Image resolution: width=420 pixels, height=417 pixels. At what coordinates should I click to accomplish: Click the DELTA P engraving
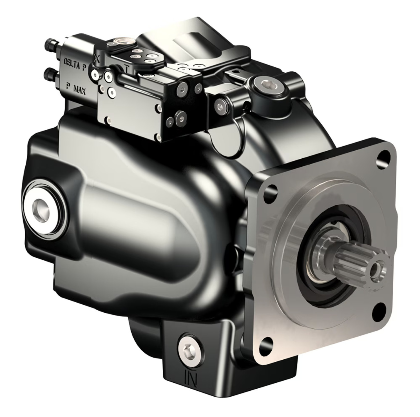tap(75, 64)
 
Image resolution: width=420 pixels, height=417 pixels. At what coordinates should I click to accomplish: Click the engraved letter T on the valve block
tap(126, 69)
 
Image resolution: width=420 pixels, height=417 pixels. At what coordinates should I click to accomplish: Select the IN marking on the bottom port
tap(191, 379)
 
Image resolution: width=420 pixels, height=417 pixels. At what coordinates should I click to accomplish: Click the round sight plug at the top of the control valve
tap(120, 41)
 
